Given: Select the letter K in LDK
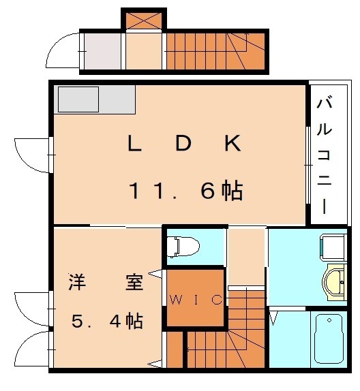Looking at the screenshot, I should [230, 144].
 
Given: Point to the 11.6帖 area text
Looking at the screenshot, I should [185, 191].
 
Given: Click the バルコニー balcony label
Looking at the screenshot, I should [325, 155].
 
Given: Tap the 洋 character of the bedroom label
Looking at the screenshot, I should [76, 282].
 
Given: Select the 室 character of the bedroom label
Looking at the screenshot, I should [134, 282].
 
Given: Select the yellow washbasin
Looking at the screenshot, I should [336, 282].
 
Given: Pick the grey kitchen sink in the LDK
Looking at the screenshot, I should [78, 99].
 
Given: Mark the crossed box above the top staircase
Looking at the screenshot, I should [144, 20].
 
